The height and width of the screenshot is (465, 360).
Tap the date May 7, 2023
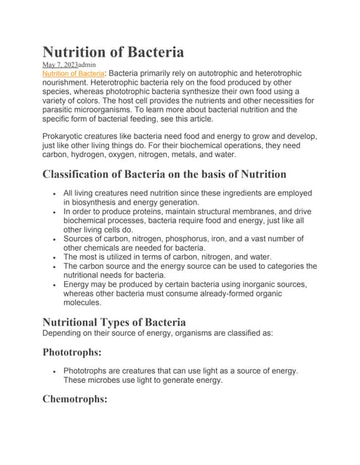60,65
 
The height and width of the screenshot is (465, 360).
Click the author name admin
87,65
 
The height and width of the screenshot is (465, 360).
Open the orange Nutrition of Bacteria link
73,73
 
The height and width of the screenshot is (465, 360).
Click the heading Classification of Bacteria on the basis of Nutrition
164,174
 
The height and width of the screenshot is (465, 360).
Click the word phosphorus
196,238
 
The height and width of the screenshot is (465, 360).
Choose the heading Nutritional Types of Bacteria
114,322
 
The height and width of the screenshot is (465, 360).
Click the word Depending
65,333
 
